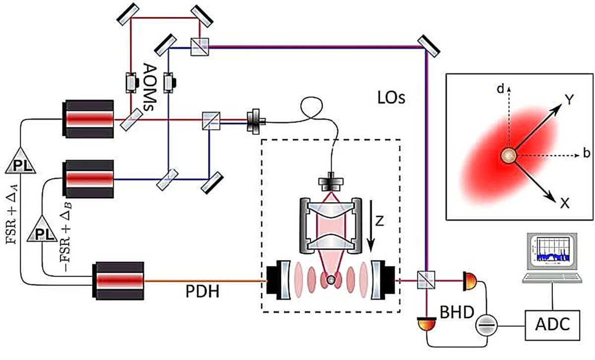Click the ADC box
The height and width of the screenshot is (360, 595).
pos(552,325)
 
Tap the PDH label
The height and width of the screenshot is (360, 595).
pos(202,292)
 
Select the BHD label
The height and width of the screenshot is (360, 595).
pos(457,312)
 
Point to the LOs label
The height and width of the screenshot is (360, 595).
pos(391,98)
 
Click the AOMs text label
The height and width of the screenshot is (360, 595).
pos(150,87)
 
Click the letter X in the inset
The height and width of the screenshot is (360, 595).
pos(565,203)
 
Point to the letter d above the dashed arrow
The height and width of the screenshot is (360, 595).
pos(500,89)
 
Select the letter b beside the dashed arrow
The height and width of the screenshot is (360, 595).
pos(587,153)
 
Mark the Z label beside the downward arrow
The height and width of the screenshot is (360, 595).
pos(380,220)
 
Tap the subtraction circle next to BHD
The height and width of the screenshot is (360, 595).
pos(486,325)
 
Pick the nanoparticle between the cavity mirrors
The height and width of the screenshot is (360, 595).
pos(331,280)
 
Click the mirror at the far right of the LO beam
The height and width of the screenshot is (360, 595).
pos(429,46)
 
